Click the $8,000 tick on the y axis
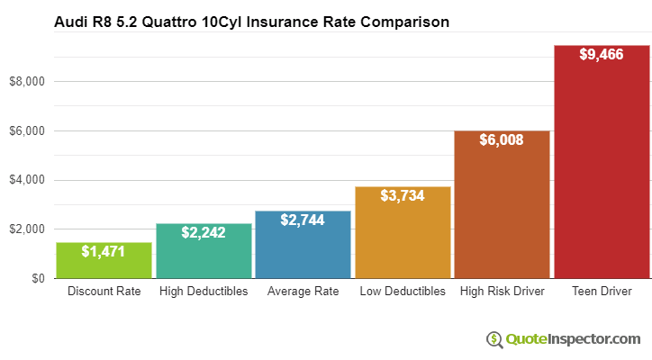[26, 82]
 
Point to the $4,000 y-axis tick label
[26, 180]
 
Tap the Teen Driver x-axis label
[602, 292]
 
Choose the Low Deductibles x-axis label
[403, 292]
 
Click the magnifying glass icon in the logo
[494, 339]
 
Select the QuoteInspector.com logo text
[572, 339]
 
